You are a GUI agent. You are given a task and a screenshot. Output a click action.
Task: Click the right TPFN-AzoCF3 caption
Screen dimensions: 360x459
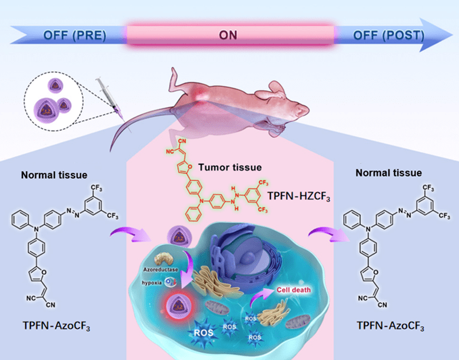(x=391, y=328)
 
